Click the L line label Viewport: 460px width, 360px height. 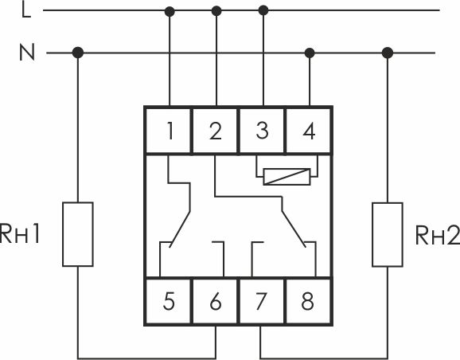pos(26,10)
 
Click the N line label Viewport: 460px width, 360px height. pos(27,53)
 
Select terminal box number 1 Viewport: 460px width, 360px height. pos(169,131)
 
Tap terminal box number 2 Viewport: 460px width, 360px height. pos(215,131)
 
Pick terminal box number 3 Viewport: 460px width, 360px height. pos(262,131)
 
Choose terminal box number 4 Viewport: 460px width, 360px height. pos(308,131)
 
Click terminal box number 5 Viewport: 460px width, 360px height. pos(169,301)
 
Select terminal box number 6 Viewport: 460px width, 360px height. pos(215,301)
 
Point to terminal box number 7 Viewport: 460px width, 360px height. pos(262,301)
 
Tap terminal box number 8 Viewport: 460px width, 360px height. pos(308,301)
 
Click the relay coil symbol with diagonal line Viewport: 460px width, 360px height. pos(287,177)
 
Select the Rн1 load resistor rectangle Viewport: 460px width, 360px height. pos(78,234)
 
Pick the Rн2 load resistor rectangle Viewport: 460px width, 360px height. pos(388,235)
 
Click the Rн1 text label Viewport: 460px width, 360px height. pos(20,234)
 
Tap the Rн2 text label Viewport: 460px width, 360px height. pos(438,235)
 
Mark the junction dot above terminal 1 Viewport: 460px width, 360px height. pos(170,11)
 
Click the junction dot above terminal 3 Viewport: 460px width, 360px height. pos(263,10)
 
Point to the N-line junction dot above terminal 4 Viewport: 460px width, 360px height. pos(310,53)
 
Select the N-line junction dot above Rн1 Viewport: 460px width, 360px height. pos(78,53)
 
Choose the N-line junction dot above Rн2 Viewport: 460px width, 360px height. pos(388,53)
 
